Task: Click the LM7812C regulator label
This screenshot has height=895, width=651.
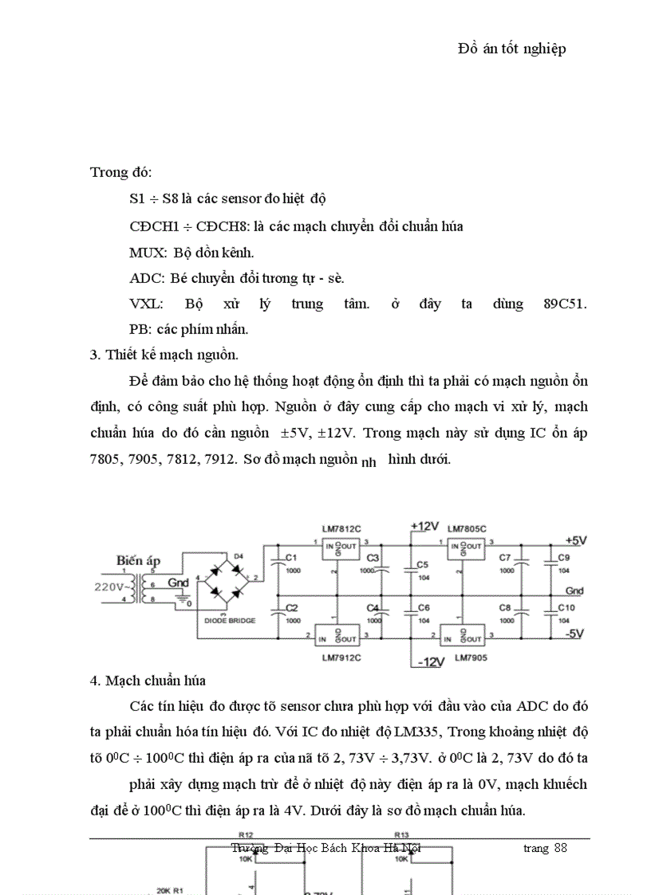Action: pos(341,528)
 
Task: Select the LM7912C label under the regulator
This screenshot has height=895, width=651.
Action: pos(341,658)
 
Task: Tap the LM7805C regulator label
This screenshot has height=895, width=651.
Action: pos(467,528)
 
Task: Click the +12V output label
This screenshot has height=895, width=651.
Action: pos(424,526)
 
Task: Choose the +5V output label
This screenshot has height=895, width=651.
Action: pos(575,540)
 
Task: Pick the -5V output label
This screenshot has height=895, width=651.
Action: pos(575,634)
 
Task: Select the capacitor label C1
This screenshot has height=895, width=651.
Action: pos(291,557)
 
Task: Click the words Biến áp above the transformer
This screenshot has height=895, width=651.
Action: pos(138,560)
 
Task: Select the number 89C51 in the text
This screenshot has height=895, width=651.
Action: pos(564,304)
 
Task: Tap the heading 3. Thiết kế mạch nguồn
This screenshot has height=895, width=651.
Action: pos(164,355)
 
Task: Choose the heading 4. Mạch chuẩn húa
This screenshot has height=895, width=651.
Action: pos(148,681)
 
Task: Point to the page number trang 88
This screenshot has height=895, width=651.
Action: pos(545,847)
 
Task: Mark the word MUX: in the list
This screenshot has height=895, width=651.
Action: pos(148,253)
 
